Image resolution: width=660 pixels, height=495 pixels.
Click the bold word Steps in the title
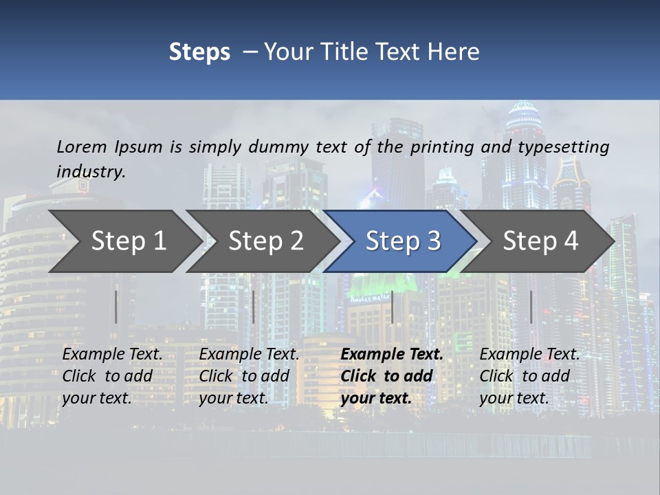(199, 52)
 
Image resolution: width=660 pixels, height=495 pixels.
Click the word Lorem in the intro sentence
(82, 147)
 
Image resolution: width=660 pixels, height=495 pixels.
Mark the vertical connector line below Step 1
(116, 307)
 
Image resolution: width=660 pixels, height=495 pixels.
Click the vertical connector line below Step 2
(254, 307)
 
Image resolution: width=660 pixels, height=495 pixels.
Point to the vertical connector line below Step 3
(392, 307)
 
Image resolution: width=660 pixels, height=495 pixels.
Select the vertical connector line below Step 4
(531, 307)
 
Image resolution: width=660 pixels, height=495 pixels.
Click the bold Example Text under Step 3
(392, 355)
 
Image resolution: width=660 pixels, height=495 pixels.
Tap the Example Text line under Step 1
(113, 355)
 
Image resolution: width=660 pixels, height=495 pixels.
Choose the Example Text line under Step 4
(529, 355)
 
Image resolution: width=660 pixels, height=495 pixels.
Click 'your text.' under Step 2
(234, 399)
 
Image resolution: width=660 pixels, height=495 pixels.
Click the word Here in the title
(454, 52)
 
